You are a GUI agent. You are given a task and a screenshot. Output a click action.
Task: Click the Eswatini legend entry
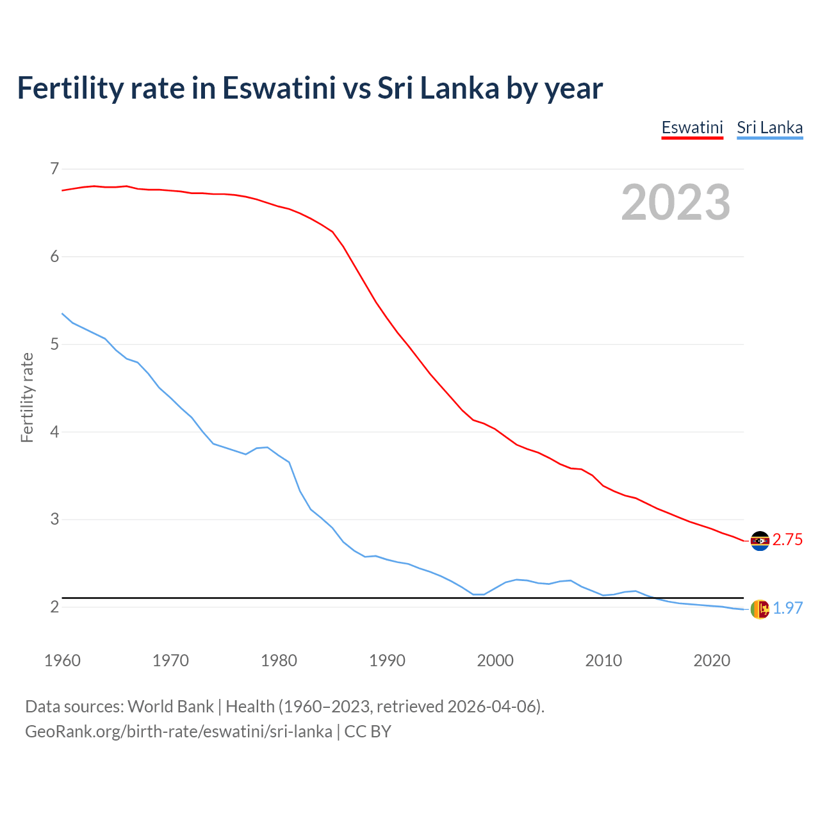click(x=692, y=127)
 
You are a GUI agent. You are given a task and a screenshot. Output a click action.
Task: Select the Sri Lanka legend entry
click(x=769, y=127)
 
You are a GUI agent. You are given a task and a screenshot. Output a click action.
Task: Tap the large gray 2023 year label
click(x=675, y=202)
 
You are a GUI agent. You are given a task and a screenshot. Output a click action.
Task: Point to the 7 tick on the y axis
click(x=54, y=169)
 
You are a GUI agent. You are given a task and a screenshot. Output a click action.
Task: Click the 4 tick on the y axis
click(x=54, y=432)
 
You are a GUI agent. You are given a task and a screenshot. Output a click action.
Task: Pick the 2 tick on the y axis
click(x=54, y=607)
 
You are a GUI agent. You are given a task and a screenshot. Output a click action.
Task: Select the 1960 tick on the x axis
click(x=62, y=660)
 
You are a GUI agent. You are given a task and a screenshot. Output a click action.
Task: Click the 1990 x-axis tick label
click(x=387, y=660)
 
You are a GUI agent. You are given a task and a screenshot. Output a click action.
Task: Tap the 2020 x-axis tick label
click(x=712, y=660)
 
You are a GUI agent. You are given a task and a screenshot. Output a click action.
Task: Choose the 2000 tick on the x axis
click(x=495, y=660)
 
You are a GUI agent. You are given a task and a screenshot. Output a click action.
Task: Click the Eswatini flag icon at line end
click(x=760, y=541)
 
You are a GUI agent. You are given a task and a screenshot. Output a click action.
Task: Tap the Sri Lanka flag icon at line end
click(x=760, y=609)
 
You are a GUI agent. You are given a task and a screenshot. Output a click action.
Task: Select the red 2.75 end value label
click(x=787, y=540)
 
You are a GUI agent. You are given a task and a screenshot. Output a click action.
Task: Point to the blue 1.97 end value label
click(x=787, y=609)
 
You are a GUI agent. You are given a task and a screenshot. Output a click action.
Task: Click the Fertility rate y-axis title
click(x=27, y=397)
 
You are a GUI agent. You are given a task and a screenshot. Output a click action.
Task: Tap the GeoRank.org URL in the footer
click(x=179, y=732)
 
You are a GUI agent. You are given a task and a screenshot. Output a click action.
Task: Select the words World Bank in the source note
click(x=170, y=707)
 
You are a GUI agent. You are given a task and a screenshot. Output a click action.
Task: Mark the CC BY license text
click(x=368, y=732)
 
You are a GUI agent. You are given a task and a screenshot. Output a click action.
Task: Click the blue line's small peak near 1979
click(x=267, y=447)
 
